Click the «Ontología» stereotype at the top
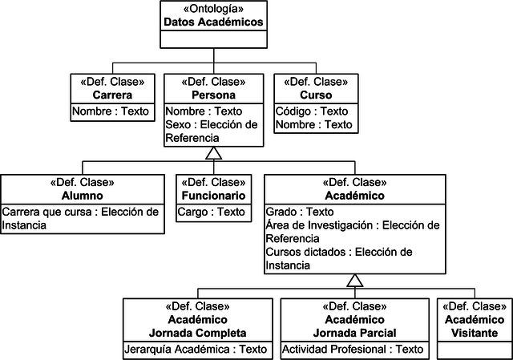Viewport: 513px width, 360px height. click(213, 9)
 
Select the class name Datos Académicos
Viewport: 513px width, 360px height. click(213, 22)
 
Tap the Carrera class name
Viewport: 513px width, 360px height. click(111, 95)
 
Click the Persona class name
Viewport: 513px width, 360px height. click(213, 95)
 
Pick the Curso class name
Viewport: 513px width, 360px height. click(315, 95)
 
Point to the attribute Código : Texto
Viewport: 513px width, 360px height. click(312, 111)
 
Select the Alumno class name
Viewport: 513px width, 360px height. click(82, 196)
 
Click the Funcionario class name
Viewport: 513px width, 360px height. click(213, 196)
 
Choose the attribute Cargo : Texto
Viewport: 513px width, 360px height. click(212, 212)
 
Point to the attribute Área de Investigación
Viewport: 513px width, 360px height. click(353, 232)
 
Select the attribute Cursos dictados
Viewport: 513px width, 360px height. click(339, 258)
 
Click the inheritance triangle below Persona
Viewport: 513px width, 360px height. click(213, 153)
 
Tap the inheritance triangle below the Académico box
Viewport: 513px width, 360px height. click(353, 280)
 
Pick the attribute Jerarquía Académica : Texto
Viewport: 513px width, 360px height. click(196, 349)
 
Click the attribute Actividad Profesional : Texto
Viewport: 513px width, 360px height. click(353, 349)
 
